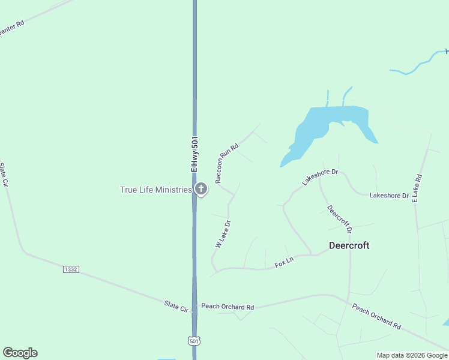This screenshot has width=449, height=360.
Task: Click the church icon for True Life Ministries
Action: [201, 190]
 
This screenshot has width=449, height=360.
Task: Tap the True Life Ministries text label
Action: [155, 190]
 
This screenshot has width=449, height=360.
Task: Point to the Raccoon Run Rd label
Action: [227, 163]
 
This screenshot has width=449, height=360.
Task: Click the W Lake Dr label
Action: [223, 235]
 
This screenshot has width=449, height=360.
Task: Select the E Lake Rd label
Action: [417, 188]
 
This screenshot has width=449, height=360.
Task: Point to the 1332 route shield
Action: [71, 269]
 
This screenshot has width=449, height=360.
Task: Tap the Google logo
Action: [20, 353]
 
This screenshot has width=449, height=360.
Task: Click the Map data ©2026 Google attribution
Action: [412, 355]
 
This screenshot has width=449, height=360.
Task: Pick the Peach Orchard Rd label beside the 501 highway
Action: [228, 307]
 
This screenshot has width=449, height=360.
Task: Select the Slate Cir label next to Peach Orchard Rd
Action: [176, 305]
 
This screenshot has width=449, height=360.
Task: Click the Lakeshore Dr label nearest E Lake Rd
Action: [389, 196]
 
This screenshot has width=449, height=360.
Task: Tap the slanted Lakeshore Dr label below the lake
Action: [321, 178]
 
